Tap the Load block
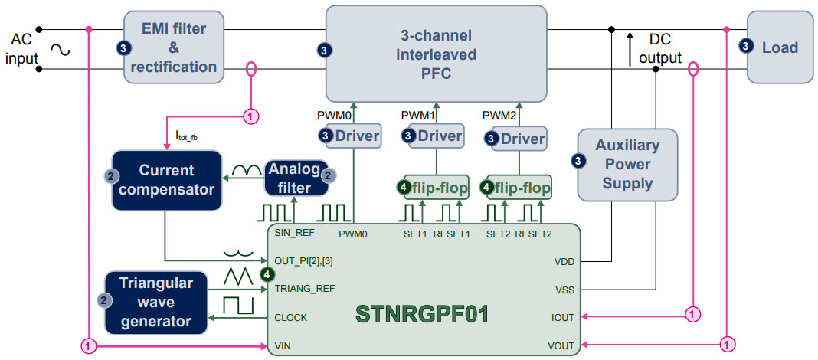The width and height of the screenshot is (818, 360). point(779,47)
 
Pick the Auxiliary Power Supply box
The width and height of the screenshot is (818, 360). point(627,163)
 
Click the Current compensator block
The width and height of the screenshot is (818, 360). point(167,180)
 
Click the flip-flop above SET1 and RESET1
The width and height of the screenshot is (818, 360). point(436,186)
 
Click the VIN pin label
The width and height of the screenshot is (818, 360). point(282,346)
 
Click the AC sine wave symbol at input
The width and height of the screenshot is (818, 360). point(61,51)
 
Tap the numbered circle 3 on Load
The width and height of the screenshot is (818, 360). point(746,47)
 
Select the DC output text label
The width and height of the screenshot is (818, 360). point(664,47)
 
